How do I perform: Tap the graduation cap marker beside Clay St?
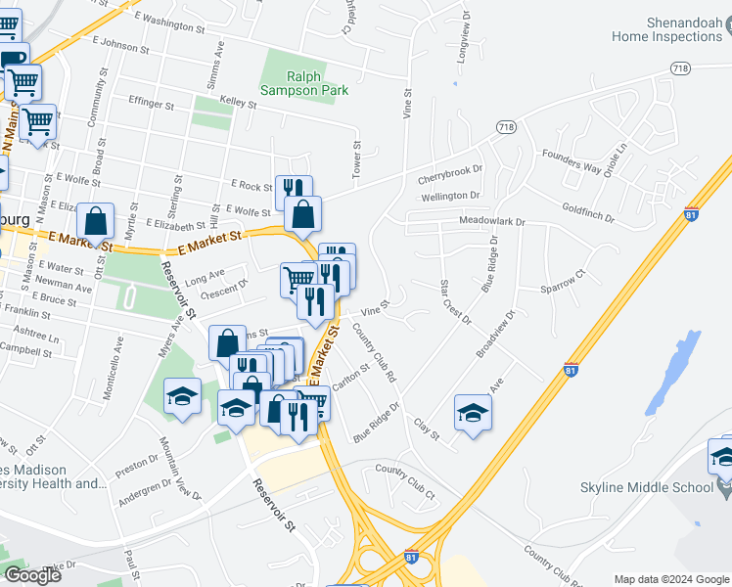(x=473, y=414)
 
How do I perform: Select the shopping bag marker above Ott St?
(x=95, y=221)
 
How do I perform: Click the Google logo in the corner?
(x=32, y=575)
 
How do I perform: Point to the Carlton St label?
(x=349, y=380)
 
